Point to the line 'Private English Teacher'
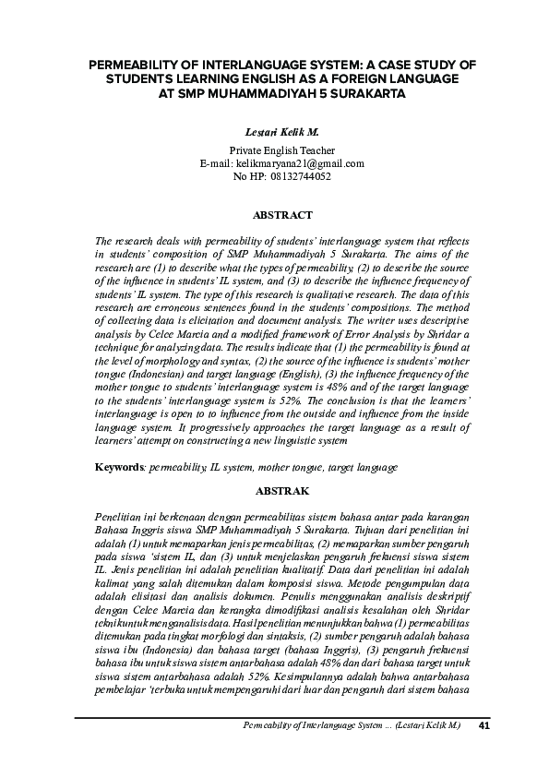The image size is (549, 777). pos(281,150)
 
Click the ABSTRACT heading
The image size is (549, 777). pos(282,215)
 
